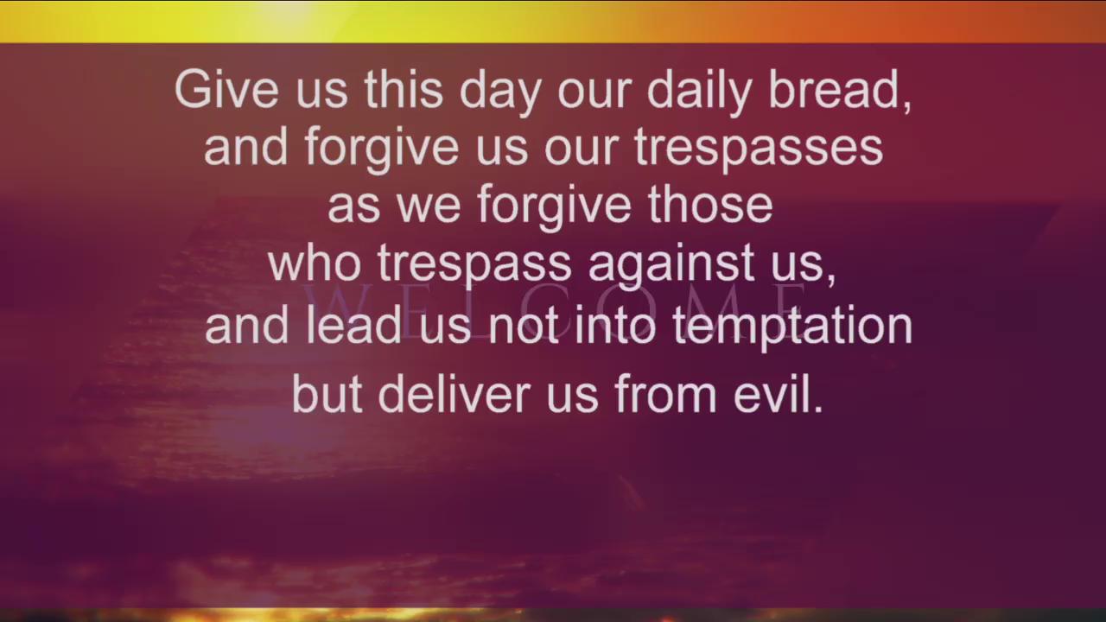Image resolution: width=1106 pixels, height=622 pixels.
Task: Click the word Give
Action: (226, 89)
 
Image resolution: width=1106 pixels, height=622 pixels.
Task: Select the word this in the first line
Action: (404, 89)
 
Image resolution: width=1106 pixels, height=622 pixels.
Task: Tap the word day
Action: (500, 92)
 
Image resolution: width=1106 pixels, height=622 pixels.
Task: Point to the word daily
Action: (699, 92)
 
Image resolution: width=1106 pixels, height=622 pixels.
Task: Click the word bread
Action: (835, 89)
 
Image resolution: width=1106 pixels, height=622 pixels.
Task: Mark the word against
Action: (671, 265)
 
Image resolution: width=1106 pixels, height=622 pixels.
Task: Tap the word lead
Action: (353, 323)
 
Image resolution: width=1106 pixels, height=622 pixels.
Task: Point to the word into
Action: (615, 323)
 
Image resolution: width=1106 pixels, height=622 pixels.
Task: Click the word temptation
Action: (792, 327)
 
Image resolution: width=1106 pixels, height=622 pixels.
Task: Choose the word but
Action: (327, 392)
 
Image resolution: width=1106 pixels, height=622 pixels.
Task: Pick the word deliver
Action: (454, 392)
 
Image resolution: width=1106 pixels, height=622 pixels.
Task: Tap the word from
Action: (665, 392)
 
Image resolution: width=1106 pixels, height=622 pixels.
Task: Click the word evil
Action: (772, 392)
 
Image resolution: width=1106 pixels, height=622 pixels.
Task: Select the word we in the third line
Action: (429, 208)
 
